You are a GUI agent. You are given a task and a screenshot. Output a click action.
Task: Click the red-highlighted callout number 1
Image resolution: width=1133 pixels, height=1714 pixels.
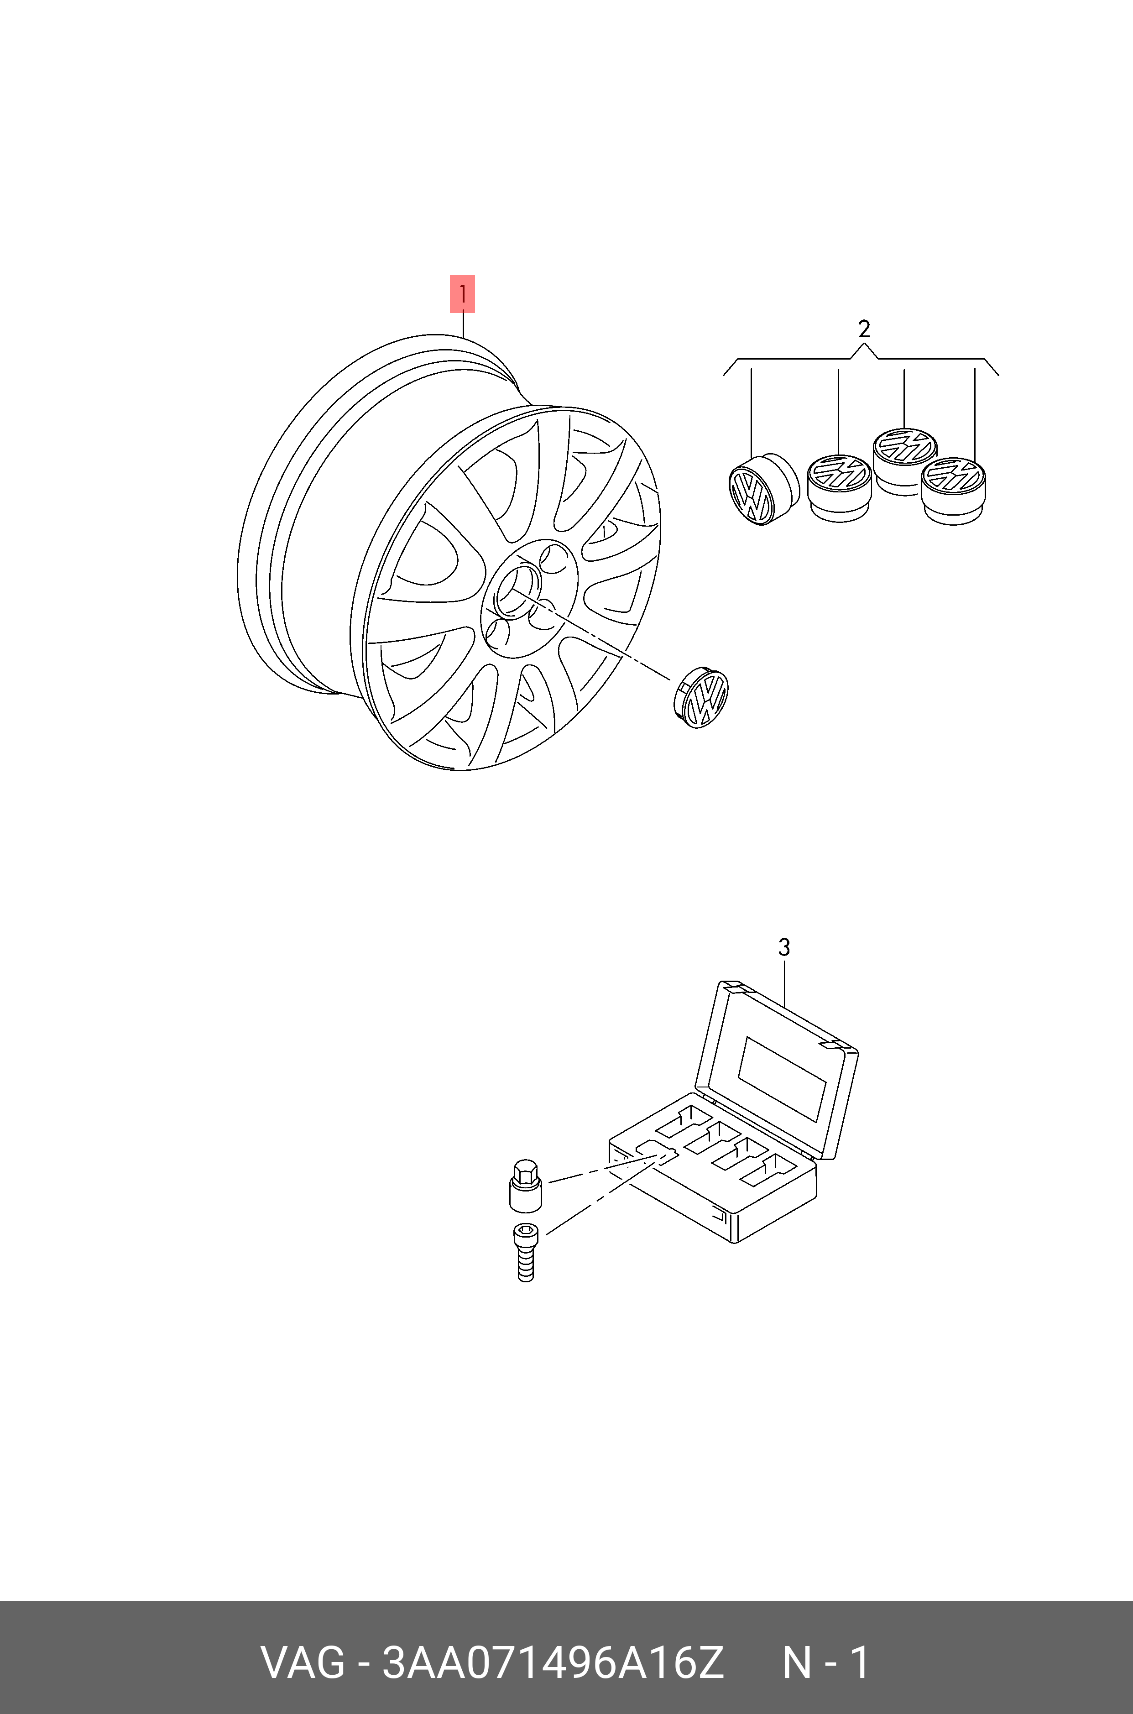[x=462, y=294]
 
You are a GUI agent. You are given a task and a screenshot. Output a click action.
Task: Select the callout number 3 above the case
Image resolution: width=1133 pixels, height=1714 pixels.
[x=784, y=947]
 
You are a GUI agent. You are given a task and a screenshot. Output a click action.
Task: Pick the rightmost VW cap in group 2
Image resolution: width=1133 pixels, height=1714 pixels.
[x=954, y=490]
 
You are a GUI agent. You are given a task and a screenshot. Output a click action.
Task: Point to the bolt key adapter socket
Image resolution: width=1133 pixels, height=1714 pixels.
[x=525, y=1186]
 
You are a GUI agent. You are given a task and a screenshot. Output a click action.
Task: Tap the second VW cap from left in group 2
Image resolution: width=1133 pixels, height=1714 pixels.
[x=839, y=488]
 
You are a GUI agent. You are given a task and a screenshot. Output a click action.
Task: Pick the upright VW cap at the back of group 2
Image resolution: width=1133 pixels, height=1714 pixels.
[x=905, y=460]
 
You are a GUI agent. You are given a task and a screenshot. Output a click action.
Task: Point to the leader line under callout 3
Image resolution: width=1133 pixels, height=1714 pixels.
[x=784, y=983]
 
